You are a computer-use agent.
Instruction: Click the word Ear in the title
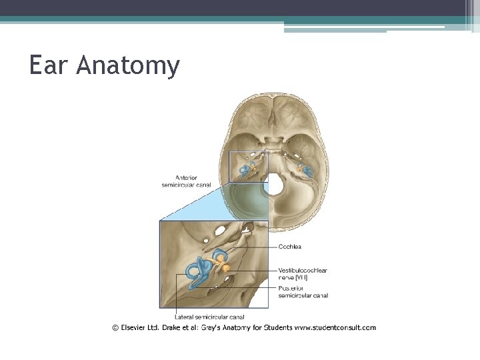point(49,65)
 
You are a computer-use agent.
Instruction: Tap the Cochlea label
point(290,247)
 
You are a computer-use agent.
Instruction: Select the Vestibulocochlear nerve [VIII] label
point(302,273)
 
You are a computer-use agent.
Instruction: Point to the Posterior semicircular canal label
point(303,292)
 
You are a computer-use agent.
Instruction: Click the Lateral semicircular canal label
point(209,317)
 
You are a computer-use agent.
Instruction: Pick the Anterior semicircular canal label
point(186,181)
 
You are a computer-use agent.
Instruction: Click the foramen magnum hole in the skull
point(274,184)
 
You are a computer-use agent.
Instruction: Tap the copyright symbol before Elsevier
point(115,327)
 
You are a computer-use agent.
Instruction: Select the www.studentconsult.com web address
point(335,327)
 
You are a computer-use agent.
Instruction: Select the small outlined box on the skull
point(248,166)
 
